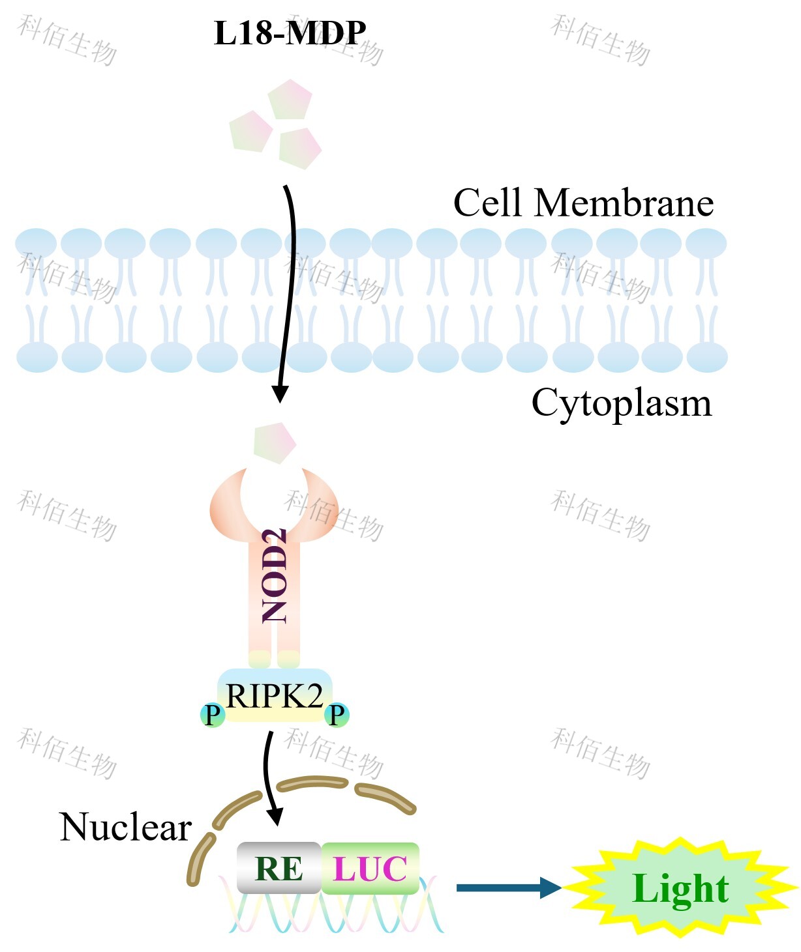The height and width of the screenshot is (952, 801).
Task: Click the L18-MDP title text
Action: (x=290, y=33)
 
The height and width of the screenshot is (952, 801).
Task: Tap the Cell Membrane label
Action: (x=583, y=203)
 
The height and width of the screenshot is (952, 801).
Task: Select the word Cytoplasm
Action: (x=621, y=403)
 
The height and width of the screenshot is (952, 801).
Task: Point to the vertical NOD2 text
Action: (x=275, y=575)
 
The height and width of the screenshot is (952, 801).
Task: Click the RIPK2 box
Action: (x=275, y=696)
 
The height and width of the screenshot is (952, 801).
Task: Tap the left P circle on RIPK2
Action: (x=213, y=715)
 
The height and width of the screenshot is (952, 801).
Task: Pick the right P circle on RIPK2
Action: (x=337, y=715)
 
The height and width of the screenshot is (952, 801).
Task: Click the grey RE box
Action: (x=279, y=868)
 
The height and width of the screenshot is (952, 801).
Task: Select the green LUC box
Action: (x=370, y=868)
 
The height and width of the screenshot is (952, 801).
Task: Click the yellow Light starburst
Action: (x=680, y=888)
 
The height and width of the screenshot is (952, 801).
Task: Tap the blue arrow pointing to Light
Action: (x=509, y=887)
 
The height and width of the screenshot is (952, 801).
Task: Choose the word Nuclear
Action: (x=125, y=827)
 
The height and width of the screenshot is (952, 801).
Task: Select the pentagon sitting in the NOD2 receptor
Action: (x=275, y=442)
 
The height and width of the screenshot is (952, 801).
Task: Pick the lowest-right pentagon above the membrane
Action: (x=299, y=148)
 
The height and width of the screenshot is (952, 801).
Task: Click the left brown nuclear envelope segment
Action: (x=201, y=859)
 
